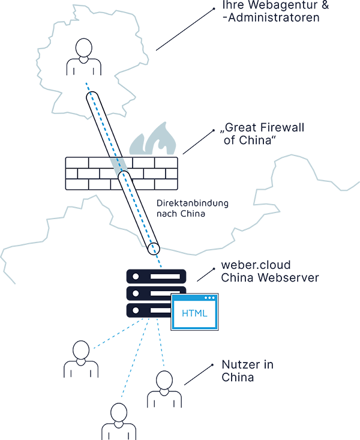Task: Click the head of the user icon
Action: [x=83, y=48]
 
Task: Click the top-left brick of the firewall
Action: [x=77, y=163]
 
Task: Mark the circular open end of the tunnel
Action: [x=155, y=248]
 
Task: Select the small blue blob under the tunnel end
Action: [x=160, y=260]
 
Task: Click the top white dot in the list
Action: [x=136, y=276]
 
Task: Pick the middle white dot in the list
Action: [x=136, y=293]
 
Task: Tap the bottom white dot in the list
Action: [x=136, y=310]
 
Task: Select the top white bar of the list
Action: [x=165, y=276]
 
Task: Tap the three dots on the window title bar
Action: [x=209, y=298]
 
